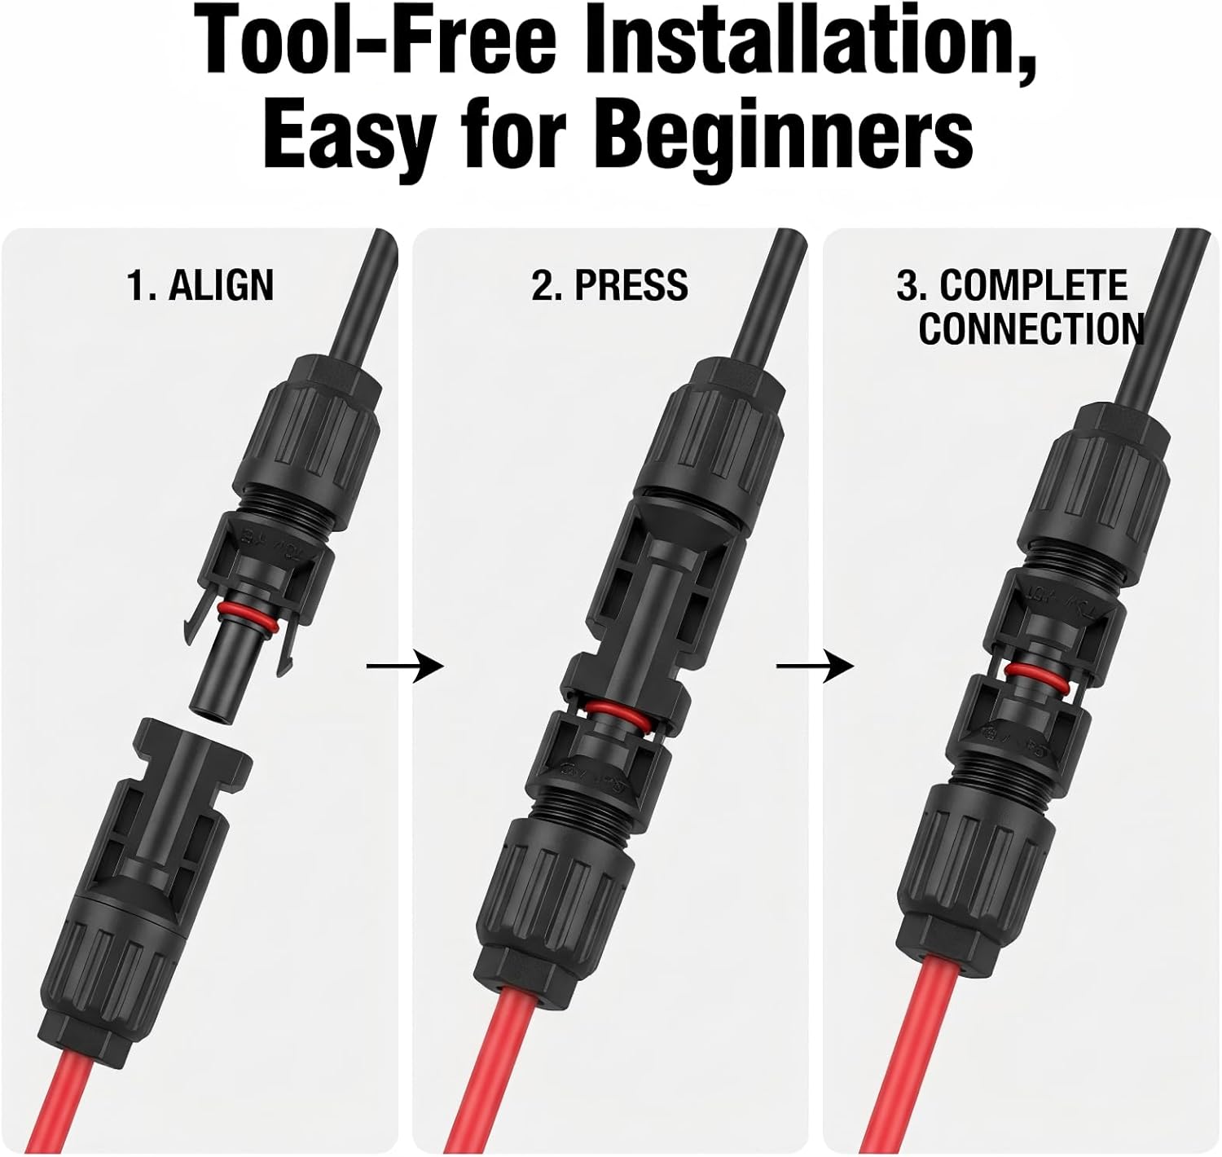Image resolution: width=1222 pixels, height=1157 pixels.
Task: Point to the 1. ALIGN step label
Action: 200,286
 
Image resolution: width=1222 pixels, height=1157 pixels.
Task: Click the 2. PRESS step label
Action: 609,286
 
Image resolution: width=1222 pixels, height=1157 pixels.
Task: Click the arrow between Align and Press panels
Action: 405,667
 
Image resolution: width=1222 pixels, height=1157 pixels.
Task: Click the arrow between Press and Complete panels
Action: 815,667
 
